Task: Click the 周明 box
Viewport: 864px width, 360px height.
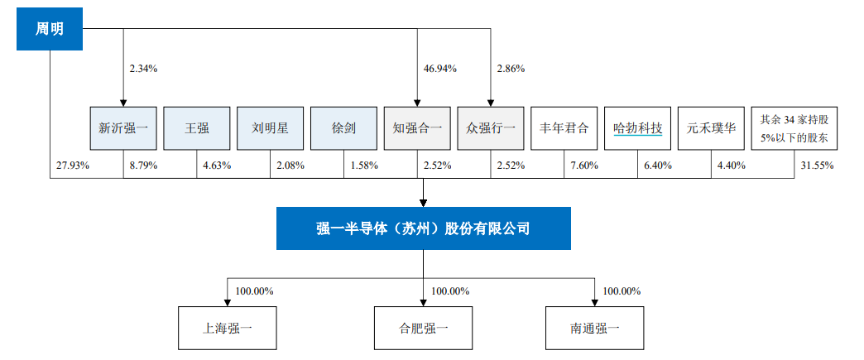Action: click(x=50, y=29)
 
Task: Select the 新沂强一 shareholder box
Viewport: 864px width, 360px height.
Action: click(x=123, y=128)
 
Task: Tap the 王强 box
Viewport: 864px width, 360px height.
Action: click(x=197, y=128)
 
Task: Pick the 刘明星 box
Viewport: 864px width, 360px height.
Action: click(x=270, y=128)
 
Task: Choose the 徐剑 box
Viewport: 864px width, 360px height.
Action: click(x=343, y=128)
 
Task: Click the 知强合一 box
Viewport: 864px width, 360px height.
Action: click(x=417, y=128)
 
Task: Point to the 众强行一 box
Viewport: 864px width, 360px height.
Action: click(x=491, y=128)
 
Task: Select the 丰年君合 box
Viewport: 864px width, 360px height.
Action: click(x=564, y=128)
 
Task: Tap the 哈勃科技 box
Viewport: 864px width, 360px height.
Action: click(x=637, y=128)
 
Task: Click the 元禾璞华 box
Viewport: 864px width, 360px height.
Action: click(x=711, y=128)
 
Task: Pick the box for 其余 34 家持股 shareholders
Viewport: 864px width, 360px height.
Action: click(x=794, y=128)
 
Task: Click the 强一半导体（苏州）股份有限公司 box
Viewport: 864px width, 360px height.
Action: click(x=423, y=228)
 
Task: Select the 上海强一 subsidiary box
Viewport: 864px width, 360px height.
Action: click(x=228, y=329)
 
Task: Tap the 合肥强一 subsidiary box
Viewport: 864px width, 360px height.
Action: click(x=423, y=329)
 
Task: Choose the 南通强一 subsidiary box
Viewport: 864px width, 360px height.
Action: click(x=595, y=329)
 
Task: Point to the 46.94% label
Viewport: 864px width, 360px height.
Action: click(x=439, y=69)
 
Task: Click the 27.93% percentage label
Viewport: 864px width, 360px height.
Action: click(x=73, y=165)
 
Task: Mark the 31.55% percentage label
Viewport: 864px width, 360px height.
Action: click(x=817, y=165)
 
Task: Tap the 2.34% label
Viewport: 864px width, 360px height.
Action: click(x=143, y=69)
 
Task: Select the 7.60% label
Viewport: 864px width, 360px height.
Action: click(x=583, y=165)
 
